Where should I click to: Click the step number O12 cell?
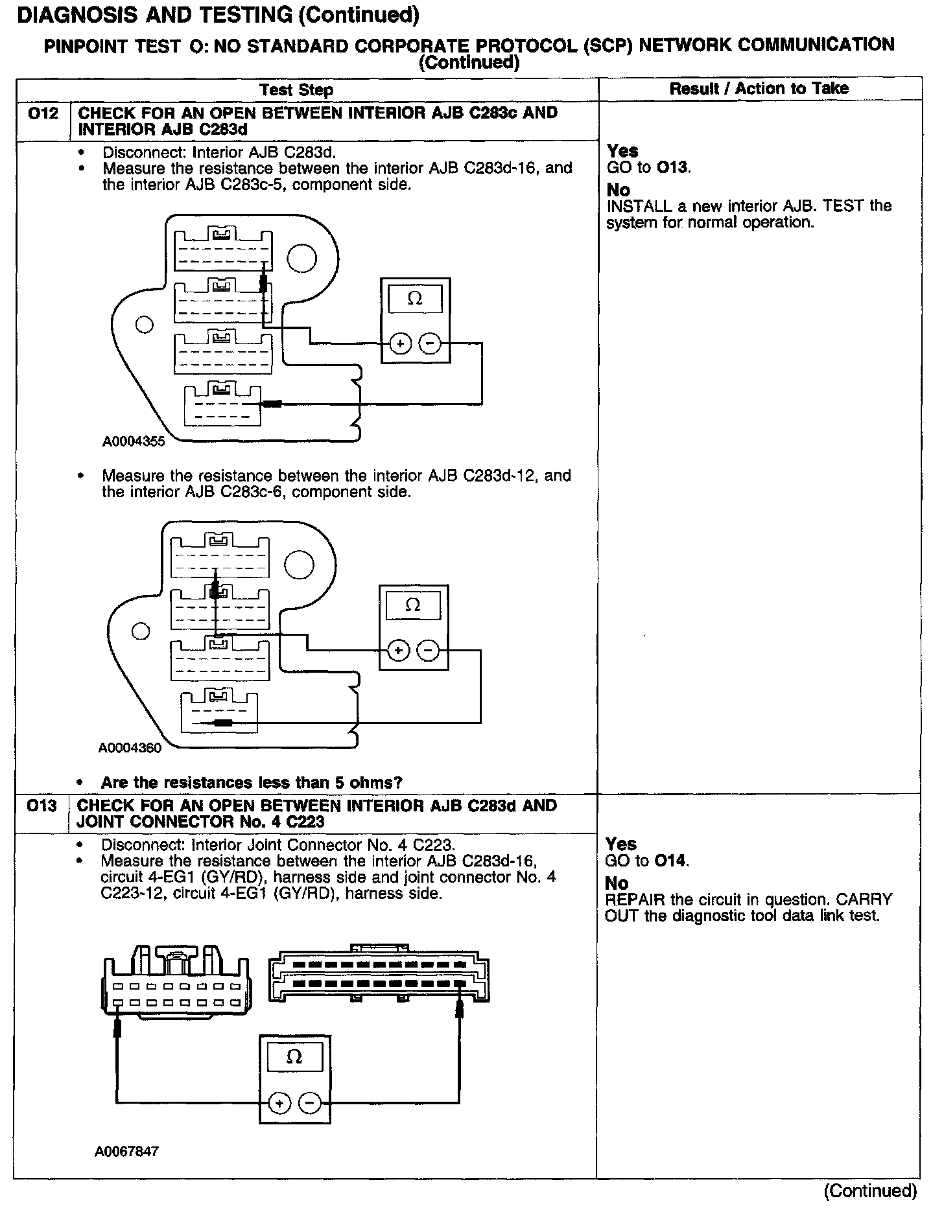pos(42,114)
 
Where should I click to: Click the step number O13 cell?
pos(42,806)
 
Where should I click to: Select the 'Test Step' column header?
pos(296,89)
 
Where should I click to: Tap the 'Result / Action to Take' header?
pos(759,88)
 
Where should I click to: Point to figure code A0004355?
pos(133,442)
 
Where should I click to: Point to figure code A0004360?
pos(130,748)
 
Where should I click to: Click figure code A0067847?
pos(126,1151)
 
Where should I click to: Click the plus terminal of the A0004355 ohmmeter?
pos(400,343)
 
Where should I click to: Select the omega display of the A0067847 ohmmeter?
pos(294,1057)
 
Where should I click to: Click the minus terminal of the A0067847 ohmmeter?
pos(311,1102)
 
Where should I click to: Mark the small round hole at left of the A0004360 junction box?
pos(140,631)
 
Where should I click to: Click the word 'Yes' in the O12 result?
pos(622,151)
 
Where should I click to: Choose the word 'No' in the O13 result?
pos(616,883)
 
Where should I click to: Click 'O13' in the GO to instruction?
pos(673,167)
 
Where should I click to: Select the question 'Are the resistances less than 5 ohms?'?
pos(252,782)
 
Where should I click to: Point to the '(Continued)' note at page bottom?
pos(870,1190)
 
